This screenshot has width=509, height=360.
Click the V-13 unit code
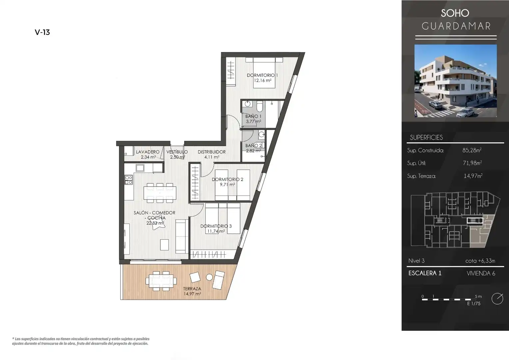click(x=42, y=32)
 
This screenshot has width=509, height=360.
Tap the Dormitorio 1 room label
click(x=262, y=75)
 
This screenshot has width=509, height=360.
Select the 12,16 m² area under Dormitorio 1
click(x=263, y=80)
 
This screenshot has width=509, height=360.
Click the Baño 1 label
click(x=253, y=116)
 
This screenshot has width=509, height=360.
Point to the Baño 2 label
click(x=254, y=145)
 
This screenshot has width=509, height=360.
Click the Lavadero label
click(x=148, y=152)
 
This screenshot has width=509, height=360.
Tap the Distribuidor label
click(x=212, y=152)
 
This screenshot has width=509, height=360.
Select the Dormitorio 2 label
click(x=228, y=179)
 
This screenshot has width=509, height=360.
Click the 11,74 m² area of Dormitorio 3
click(x=216, y=231)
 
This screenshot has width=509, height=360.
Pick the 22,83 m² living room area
click(x=155, y=223)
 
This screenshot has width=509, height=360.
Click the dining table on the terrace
click(x=161, y=281)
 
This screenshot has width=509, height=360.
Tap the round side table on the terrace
click(x=209, y=277)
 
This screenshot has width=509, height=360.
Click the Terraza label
click(x=192, y=289)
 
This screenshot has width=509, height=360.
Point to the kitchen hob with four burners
click(x=128, y=180)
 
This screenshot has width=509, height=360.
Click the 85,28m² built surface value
click(x=472, y=150)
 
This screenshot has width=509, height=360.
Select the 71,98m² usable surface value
click(x=472, y=163)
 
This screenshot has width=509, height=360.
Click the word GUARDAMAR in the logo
click(x=456, y=26)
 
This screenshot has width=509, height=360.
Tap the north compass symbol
click(x=497, y=299)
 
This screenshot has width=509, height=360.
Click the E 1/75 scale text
click(x=474, y=303)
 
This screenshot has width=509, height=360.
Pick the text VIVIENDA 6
click(x=481, y=273)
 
